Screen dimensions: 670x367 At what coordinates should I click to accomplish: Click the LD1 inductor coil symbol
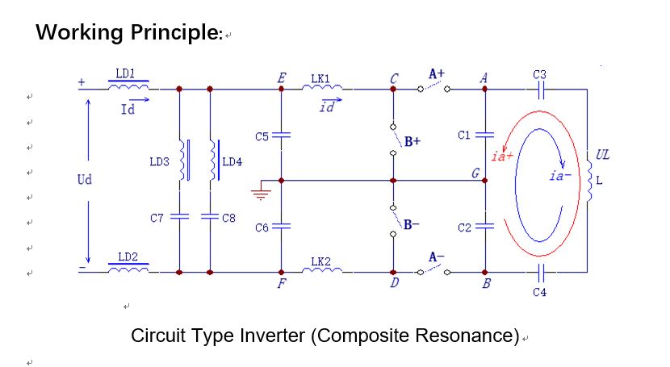(128, 86)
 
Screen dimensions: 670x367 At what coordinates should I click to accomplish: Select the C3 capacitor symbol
(541, 90)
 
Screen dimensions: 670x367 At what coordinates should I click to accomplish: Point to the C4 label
(540, 292)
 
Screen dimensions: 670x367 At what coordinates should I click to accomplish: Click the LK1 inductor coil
(322, 87)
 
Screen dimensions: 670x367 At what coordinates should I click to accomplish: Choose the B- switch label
(411, 224)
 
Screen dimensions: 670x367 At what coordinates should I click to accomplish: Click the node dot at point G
(484, 181)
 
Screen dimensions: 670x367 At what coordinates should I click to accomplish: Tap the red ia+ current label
(502, 156)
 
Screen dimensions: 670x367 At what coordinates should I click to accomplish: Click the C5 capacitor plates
(281, 136)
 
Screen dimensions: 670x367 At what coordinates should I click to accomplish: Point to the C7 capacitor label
(157, 218)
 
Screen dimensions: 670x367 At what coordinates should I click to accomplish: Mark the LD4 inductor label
(232, 162)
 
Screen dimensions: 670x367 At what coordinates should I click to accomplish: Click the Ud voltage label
(85, 179)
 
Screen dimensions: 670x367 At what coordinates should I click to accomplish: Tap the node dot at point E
(281, 89)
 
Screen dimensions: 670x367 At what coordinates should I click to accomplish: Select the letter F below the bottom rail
(281, 283)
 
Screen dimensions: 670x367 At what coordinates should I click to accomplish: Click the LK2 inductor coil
(322, 269)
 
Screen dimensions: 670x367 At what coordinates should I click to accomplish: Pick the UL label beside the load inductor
(602, 155)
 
